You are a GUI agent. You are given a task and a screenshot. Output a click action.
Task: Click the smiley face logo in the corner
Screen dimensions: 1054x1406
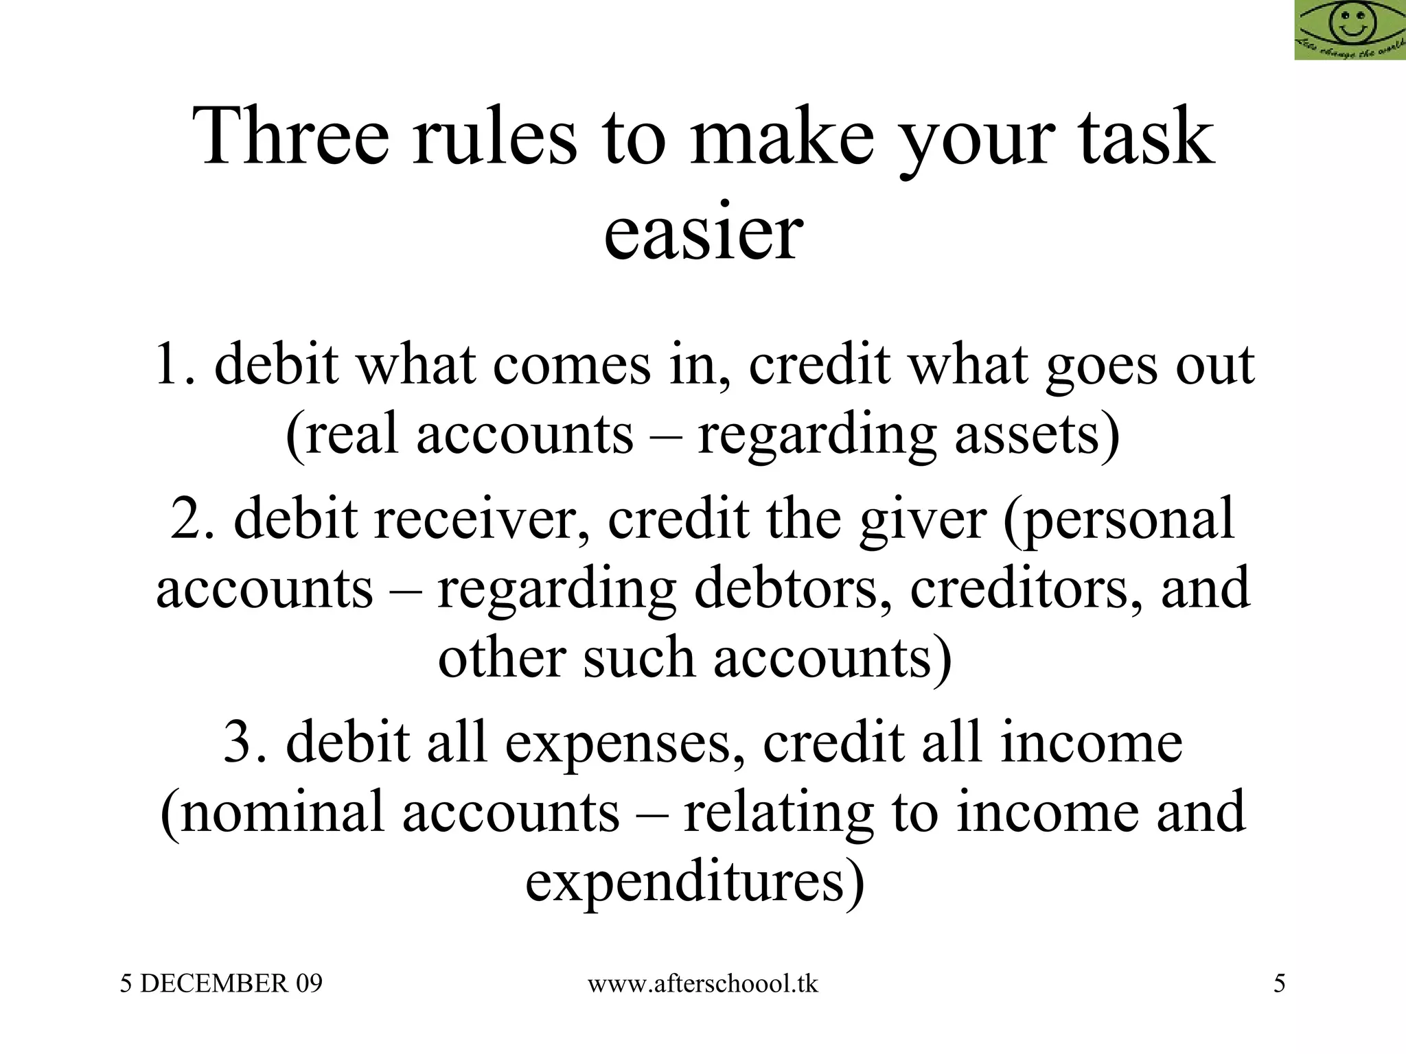click(1350, 30)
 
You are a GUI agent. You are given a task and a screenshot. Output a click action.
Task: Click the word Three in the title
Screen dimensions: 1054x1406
click(291, 137)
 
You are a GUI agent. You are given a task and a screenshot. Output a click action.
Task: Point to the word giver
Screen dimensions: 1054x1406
click(922, 519)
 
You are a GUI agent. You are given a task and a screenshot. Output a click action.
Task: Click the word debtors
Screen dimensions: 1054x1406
click(787, 588)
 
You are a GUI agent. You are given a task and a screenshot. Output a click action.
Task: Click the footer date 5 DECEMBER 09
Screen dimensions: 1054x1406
click(221, 984)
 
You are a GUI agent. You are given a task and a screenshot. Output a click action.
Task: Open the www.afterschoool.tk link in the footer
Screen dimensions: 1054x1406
click(703, 984)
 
